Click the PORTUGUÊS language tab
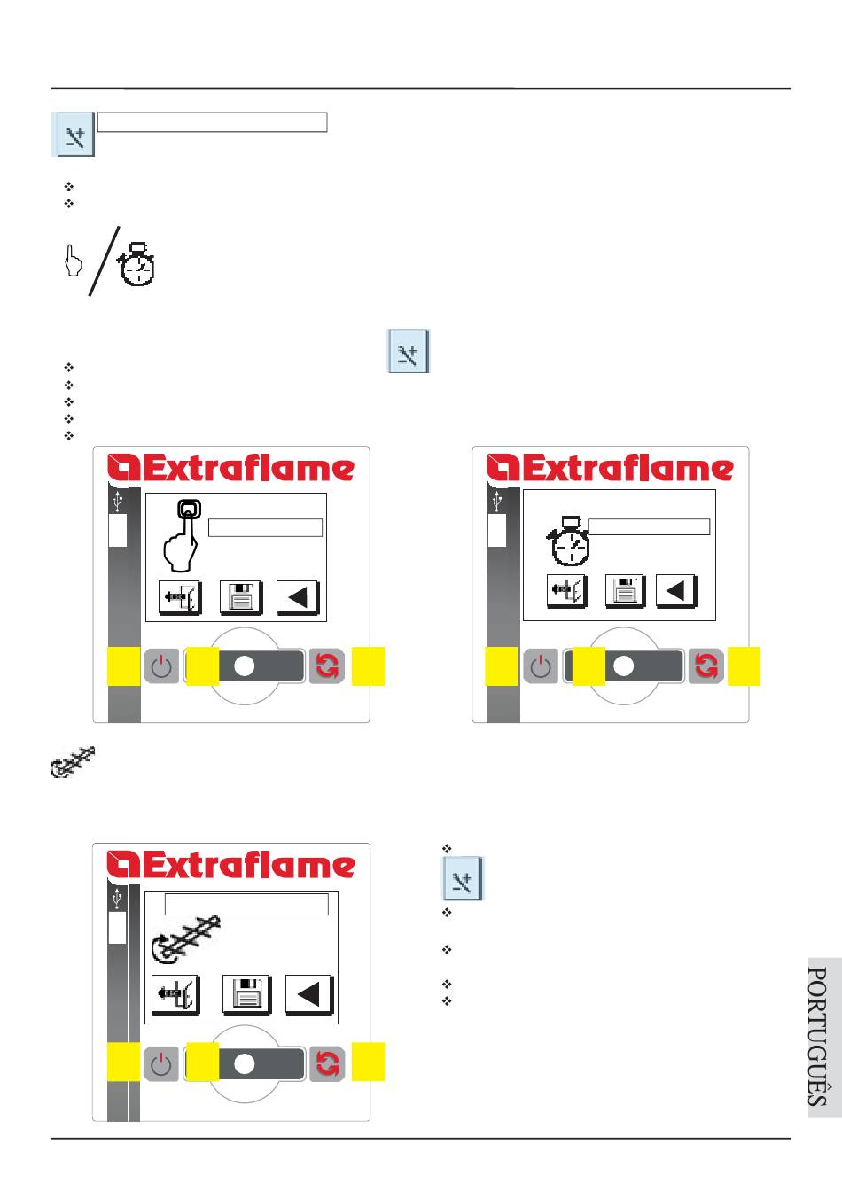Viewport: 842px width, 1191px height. click(824, 1038)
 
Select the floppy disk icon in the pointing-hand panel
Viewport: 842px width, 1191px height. click(241, 597)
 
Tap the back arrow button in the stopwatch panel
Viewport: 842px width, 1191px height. click(675, 591)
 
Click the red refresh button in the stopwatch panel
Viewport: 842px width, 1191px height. click(706, 666)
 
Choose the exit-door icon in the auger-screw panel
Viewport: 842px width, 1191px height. click(175, 993)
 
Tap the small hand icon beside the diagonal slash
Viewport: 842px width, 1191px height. click(73, 261)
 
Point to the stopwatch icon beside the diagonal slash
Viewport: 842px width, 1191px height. click(136, 264)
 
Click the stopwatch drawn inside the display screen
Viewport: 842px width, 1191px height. click(567, 541)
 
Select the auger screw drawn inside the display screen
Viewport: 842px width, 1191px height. click(184, 940)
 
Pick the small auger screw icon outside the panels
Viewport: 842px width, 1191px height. click(73, 762)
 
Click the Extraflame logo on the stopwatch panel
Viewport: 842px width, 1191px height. click(610, 468)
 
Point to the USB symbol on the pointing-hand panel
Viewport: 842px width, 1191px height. click(118, 501)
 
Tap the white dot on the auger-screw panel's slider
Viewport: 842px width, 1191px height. click(244, 1064)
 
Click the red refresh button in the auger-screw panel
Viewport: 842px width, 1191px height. click(326, 1064)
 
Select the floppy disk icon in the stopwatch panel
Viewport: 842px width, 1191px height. click(625, 591)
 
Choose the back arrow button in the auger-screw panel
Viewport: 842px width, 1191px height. click(309, 993)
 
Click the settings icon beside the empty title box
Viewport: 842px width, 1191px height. click(74, 134)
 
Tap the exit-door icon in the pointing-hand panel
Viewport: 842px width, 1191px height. click(180, 597)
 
